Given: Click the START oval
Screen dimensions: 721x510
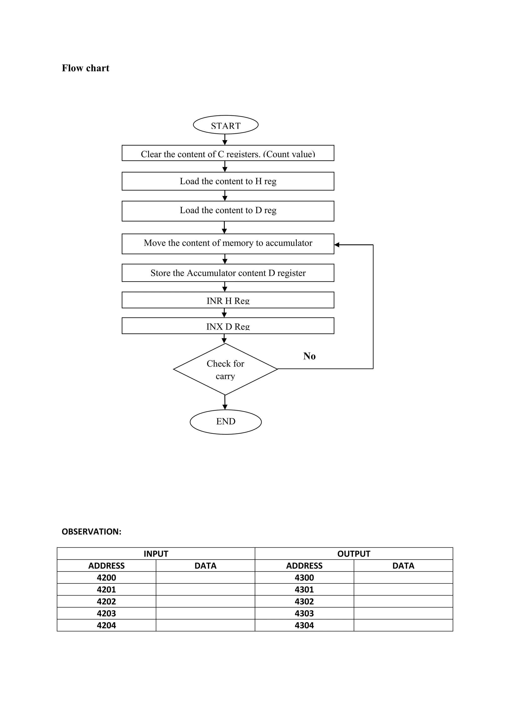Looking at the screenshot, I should [225, 125].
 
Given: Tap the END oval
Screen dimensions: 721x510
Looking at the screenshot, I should [225, 421].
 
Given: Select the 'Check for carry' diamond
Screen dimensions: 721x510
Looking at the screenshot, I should [225, 369].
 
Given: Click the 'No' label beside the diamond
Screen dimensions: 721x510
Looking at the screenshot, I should [309, 356].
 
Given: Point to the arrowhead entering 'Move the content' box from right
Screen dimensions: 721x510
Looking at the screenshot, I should [337, 245].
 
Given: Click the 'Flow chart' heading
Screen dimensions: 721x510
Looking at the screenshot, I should [85, 68].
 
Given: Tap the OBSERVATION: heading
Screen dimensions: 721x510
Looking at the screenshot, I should [91, 532].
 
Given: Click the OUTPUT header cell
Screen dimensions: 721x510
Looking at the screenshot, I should [354, 554].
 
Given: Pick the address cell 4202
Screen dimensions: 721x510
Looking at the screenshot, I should [107, 602].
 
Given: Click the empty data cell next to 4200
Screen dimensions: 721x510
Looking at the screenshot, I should [205, 578].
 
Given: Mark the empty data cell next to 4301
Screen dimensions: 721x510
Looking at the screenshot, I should [403, 590].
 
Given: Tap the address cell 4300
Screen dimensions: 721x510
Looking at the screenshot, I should [304, 578].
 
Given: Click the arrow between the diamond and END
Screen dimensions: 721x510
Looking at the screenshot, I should [225, 403].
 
